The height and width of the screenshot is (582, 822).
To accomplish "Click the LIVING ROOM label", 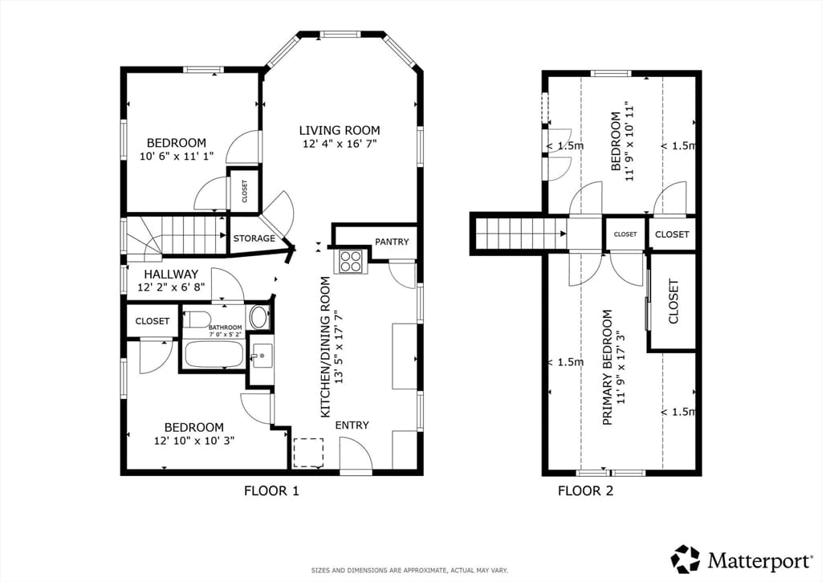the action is (340, 131).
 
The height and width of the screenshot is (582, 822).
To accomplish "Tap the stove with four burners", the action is (350, 261).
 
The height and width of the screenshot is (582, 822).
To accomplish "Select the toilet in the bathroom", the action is (199, 319).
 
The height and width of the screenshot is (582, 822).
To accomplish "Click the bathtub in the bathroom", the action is (214, 355).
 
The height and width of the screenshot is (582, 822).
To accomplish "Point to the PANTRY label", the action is (392, 242).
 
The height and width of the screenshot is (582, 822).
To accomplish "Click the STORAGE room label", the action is (254, 238).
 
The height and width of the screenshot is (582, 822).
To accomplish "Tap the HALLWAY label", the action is (171, 275).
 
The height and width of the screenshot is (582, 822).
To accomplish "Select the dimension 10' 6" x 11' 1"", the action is (176, 156).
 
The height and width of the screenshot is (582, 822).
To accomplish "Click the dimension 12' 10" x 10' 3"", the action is (194, 441).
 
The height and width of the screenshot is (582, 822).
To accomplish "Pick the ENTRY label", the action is (352, 425).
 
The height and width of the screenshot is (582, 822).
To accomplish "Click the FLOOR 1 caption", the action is (271, 490).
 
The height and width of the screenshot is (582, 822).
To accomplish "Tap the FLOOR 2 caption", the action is (585, 490).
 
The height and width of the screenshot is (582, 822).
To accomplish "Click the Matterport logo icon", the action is (686, 560).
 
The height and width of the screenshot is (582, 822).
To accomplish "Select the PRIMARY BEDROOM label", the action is (608, 367).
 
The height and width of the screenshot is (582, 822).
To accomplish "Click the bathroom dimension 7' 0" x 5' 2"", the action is (226, 334).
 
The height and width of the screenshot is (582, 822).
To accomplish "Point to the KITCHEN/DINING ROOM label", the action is (326, 347).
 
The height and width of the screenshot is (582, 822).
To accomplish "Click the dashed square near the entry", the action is (308, 453).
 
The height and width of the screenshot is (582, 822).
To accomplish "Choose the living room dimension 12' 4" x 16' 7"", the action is (340, 144).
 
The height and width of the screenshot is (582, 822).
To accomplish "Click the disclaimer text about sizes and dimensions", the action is (409, 570).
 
